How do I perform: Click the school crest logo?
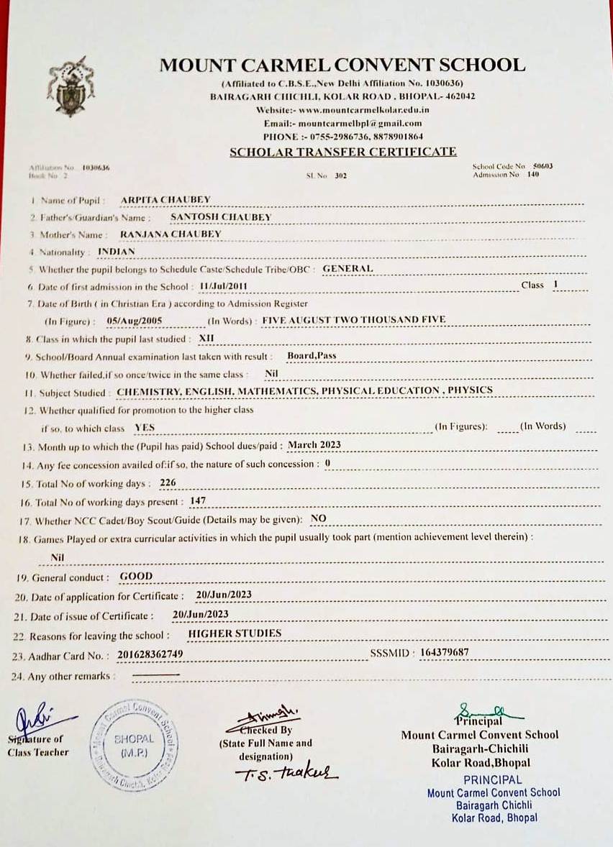(71, 86)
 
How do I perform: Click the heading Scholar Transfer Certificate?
(342, 152)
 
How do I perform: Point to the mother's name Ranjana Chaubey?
(171, 234)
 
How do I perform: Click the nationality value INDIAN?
(117, 252)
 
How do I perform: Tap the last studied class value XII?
(206, 337)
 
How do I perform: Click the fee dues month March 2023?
(314, 445)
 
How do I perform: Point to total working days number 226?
(168, 482)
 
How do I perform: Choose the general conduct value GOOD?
(136, 577)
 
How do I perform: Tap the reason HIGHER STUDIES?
(235, 633)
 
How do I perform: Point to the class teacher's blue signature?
(40, 718)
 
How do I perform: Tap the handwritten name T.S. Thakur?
(286, 772)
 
